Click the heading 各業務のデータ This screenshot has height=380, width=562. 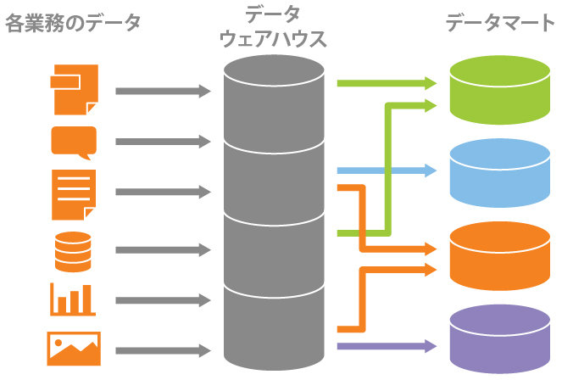pyautogui.click(x=73, y=23)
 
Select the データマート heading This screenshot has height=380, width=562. pyautogui.click(x=500, y=23)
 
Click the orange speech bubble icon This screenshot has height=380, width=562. pyautogui.click(x=74, y=142)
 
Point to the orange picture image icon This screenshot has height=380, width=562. pyautogui.click(x=73, y=348)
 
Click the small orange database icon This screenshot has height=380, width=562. pyautogui.click(x=72, y=249)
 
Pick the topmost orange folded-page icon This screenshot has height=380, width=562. pyautogui.click(x=75, y=89)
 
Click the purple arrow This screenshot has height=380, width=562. pyautogui.click(x=386, y=346)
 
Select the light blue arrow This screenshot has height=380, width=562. pyautogui.click(x=386, y=170)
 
